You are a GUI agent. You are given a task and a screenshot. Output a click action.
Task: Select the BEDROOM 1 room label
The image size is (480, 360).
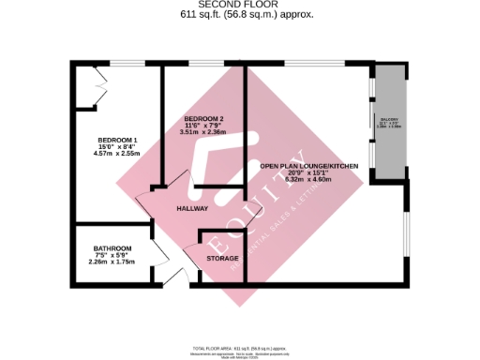(x=116, y=141)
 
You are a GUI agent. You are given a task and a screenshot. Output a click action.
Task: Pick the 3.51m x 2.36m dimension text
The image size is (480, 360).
(x=202, y=132)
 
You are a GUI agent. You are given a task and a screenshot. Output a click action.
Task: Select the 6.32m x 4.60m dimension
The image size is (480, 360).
(x=309, y=179)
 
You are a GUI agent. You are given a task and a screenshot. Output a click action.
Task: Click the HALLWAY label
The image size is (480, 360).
(x=191, y=208)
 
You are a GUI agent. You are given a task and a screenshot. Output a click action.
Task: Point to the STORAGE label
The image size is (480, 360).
(x=223, y=258)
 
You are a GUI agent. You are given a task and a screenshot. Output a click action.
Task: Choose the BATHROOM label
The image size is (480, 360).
(x=112, y=248)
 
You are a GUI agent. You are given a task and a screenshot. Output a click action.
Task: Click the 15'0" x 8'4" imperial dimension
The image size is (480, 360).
(x=116, y=147)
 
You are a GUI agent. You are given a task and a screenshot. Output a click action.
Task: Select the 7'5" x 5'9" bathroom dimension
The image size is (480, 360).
(x=112, y=255)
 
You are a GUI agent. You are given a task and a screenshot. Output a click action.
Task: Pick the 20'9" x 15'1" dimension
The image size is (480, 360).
(x=309, y=172)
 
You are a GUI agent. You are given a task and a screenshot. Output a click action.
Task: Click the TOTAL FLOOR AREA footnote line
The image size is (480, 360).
(x=240, y=347)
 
